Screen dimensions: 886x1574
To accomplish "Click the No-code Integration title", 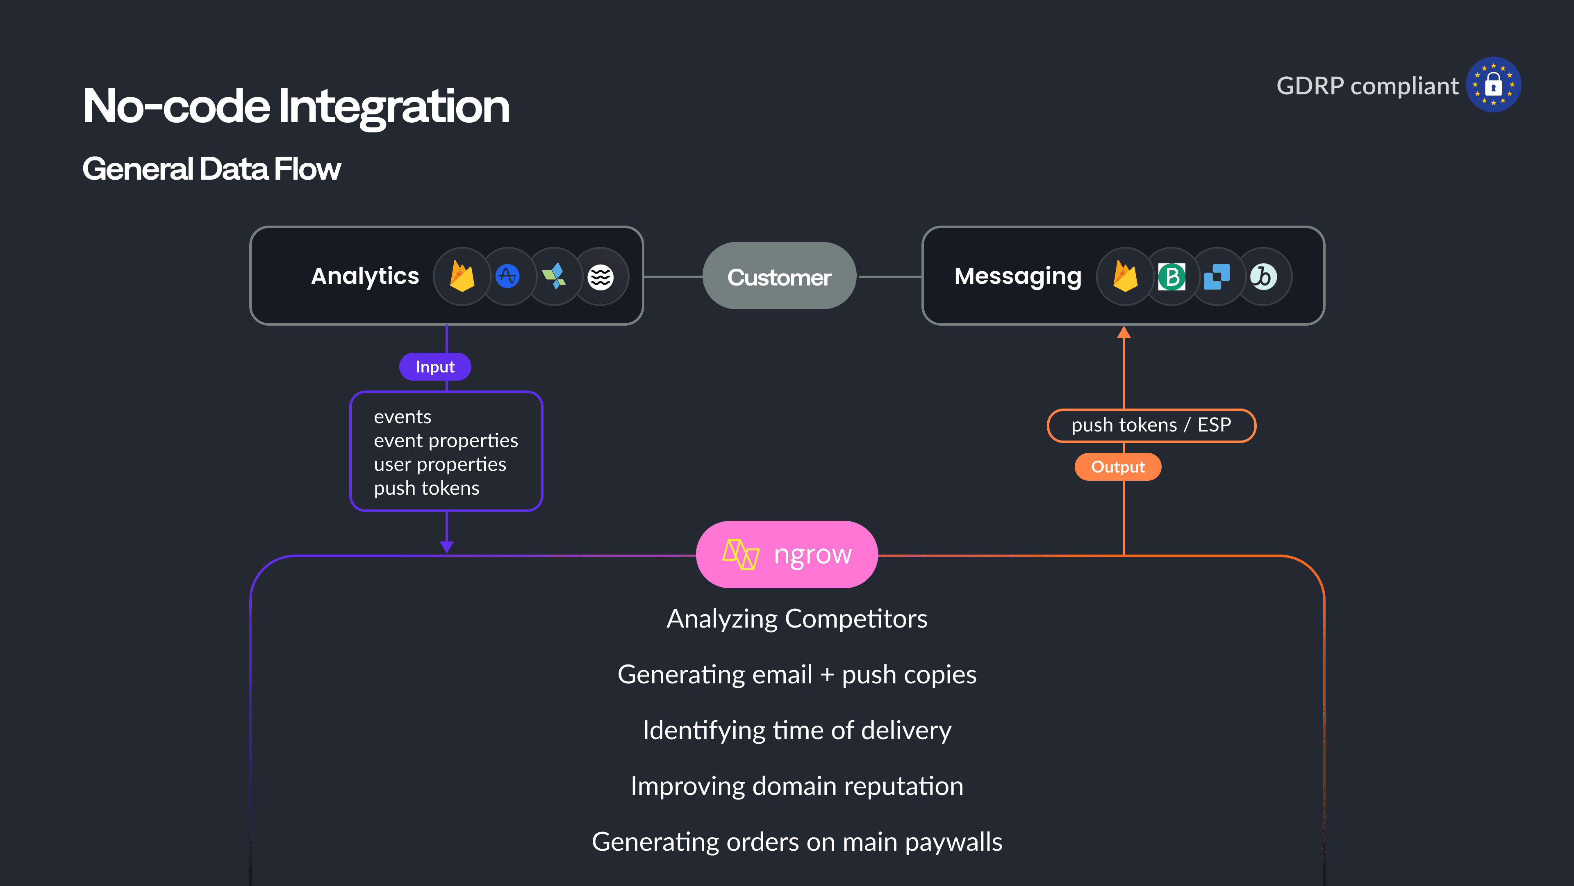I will coord(296,106).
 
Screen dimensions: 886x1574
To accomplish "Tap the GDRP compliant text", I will coord(1367,86).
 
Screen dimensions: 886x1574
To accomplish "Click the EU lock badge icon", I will coord(1493,84).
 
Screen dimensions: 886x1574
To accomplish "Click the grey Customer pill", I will coord(779,277).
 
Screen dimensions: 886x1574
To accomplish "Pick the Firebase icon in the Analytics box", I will coord(462,276).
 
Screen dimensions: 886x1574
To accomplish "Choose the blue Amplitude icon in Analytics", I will coord(507,276).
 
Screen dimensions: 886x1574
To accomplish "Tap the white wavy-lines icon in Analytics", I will coord(600,277).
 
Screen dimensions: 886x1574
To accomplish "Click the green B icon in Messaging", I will coord(1171,277).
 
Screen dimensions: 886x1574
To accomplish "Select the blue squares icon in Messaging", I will coord(1217,277).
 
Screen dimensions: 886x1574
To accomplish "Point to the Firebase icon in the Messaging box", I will coord(1125,276).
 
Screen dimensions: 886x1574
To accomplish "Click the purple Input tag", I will coord(434,367).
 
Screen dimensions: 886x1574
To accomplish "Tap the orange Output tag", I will coord(1117,467).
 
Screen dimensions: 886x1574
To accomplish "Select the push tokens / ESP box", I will coord(1151,425).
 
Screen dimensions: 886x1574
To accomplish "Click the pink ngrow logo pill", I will coord(787,555).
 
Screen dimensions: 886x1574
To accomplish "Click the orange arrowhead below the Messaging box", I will coord(1124,333).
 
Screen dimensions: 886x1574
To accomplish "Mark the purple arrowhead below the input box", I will coord(447,547).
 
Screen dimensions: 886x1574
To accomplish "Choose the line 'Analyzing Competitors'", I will coord(796,619).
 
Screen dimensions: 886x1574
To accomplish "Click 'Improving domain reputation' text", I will coord(796,786).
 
